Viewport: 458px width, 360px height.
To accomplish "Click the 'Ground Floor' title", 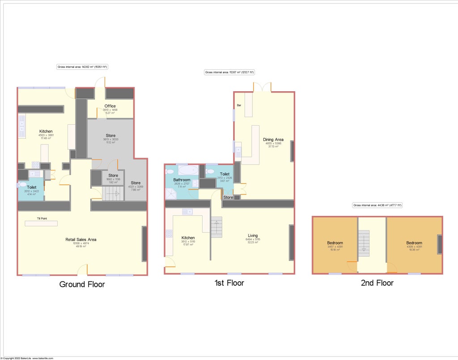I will tap(82, 284).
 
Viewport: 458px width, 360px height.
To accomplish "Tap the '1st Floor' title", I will tap(229, 283).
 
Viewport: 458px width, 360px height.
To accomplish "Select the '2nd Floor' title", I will tap(377, 283).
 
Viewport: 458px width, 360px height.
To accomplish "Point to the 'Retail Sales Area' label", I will tap(81, 240).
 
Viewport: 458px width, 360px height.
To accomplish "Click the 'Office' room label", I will tap(110, 106).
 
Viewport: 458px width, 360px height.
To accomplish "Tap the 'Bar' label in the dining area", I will tap(239, 106).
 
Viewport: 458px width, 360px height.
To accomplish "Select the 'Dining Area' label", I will tap(273, 140).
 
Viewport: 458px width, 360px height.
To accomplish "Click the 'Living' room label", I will tap(253, 236).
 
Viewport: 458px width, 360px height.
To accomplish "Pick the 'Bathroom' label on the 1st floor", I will tap(182, 180).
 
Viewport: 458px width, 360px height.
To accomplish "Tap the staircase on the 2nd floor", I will tap(364, 243).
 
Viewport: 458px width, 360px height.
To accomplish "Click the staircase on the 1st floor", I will tap(216, 227).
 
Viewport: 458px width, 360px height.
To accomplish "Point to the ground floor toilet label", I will tap(32, 188).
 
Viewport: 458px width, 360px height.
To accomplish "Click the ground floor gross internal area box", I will tap(83, 67).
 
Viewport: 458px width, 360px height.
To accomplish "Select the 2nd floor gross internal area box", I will tap(377, 205).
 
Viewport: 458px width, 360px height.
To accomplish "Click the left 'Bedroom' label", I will tap(335, 243).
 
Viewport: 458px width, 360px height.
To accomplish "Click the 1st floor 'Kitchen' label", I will tap(188, 238).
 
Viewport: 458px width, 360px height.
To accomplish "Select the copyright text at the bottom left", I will tap(27, 358).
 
